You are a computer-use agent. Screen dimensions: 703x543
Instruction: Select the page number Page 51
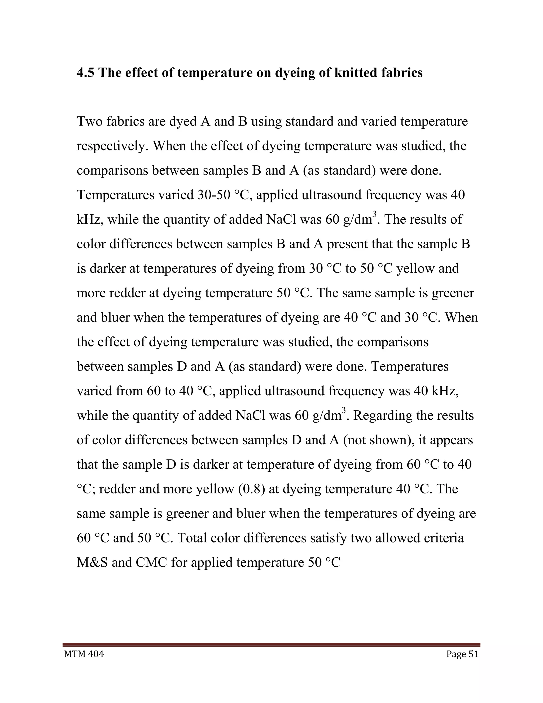tap(462, 654)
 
